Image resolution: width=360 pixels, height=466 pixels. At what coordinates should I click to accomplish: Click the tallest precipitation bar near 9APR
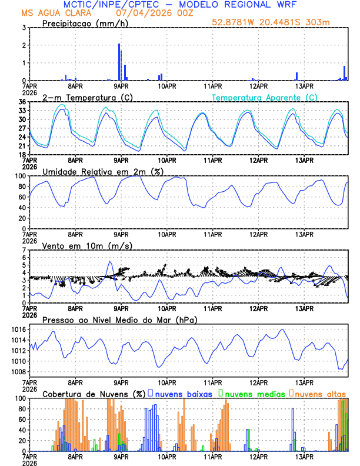pos(119,62)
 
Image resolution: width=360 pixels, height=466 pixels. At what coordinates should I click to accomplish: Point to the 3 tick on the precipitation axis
pos(23,28)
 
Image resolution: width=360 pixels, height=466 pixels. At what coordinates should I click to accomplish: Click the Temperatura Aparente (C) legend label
pos(265,97)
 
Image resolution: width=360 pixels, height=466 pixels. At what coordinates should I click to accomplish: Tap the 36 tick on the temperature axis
pos(21,102)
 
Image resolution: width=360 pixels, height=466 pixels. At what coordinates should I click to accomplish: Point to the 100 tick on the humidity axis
pos(19,176)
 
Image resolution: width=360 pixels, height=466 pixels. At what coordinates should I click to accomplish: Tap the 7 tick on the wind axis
pos(23,250)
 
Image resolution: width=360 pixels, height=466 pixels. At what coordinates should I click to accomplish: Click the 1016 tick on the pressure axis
pos(18,329)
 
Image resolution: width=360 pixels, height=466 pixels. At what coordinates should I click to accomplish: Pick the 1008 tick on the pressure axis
pos(18,372)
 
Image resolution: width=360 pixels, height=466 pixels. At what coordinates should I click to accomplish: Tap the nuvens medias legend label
pos(255,393)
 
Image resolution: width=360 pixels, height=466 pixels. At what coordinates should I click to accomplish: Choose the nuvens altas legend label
pos(320,393)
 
